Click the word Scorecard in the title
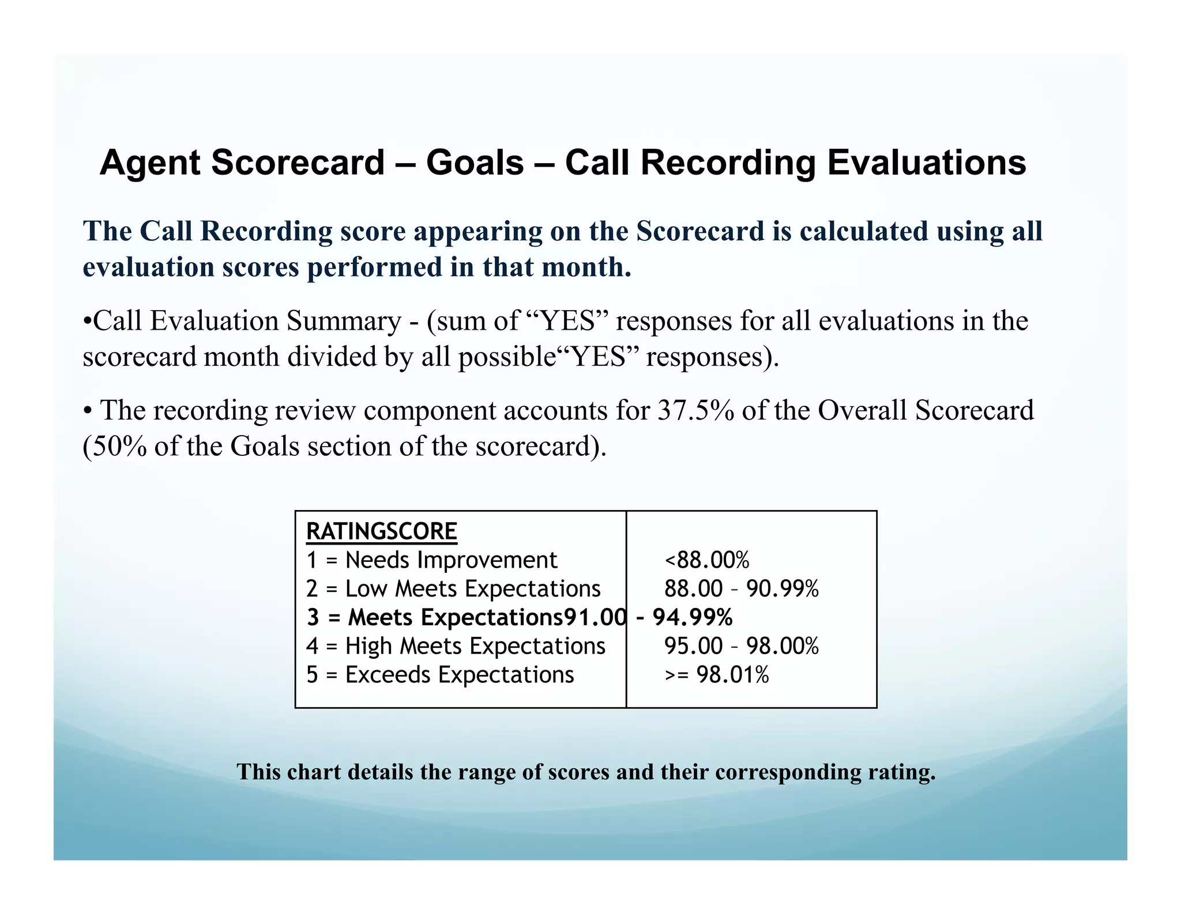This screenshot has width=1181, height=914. point(298,163)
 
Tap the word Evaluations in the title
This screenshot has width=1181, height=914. point(927,163)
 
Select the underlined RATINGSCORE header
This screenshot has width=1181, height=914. point(381,531)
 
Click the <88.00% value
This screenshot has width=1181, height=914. point(706,560)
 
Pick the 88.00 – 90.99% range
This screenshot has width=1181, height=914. point(741,589)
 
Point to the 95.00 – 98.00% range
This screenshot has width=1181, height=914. point(741,646)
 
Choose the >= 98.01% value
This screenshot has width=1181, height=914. point(716,675)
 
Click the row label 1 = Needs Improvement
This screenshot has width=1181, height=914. point(431,560)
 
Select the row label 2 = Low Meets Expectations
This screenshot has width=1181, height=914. point(453,589)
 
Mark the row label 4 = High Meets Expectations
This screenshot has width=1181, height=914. point(456,646)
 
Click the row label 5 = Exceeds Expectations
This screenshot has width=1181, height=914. point(440,675)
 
